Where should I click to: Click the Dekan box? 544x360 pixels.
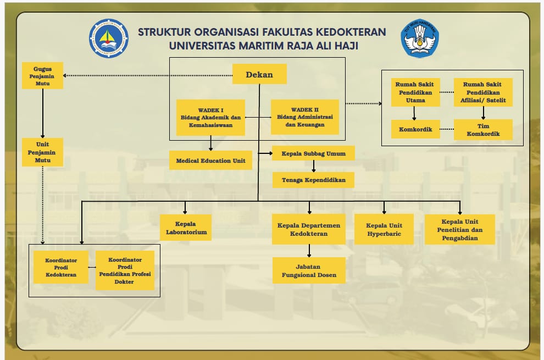pos(259,74)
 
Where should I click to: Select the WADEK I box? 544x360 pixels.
pos(210,117)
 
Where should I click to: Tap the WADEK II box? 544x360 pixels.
pos(305,117)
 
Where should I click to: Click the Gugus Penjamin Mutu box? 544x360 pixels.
pos(42,75)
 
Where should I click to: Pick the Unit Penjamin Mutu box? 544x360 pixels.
pos(42,152)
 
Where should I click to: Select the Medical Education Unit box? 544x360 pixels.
pos(210,160)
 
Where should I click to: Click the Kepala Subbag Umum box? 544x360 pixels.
pos(313,153)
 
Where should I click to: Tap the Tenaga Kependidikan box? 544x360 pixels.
pos(313,180)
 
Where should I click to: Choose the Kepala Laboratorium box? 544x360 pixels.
pos(186,228)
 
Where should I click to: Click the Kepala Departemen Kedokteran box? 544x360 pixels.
pos(309,230)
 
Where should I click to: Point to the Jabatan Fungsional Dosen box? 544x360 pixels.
pos(309,270)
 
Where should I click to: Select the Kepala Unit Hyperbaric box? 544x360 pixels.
pos(384,229)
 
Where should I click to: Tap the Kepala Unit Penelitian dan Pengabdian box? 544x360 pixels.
pos(460,229)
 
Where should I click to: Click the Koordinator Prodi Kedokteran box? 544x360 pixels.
pos(61,267)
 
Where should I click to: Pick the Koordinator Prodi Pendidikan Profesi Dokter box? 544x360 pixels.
pos(125,270)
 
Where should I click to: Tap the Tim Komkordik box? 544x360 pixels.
pos(483,130)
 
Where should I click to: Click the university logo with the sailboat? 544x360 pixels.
pos(109,38)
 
